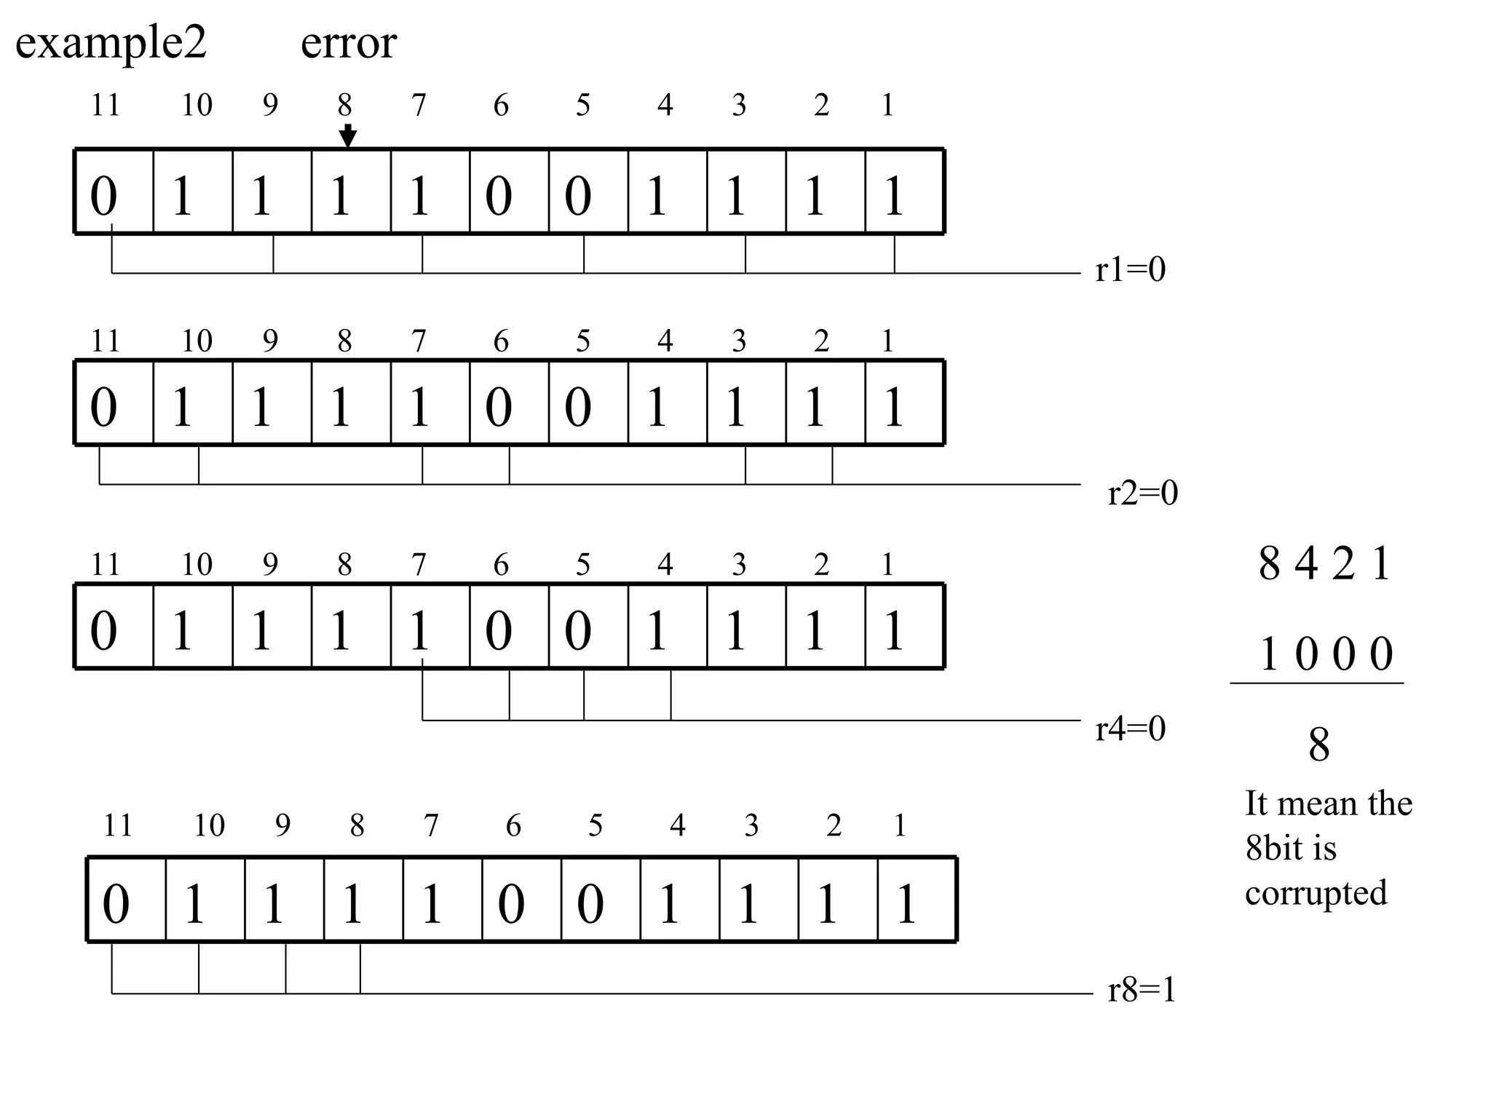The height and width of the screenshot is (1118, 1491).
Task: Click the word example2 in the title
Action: (x=111, y=44)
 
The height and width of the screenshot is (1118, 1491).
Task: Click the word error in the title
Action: (x=348, y=44)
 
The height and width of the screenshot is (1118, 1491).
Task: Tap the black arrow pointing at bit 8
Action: (x=348, y=135)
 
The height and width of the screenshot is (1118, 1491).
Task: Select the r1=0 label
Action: (x=1130, y=270)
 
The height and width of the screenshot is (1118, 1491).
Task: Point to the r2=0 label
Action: (x=1142, y=493)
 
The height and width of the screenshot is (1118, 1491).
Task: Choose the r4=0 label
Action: (x=1130, y=729)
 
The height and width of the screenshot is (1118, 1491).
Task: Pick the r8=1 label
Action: (x=1142, y=991)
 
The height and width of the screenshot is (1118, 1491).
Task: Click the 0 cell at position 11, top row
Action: (x=114, y=192)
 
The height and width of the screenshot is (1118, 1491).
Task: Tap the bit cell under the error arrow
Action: (x=351, y=192)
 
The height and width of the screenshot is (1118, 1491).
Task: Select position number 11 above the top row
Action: (x=105, y=106)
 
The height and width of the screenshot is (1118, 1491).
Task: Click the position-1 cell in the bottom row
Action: (x=917, y=900)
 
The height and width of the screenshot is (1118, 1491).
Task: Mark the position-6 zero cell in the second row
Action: (x=509, y=403)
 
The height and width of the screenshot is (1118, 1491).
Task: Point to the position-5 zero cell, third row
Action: (x=588, y=626)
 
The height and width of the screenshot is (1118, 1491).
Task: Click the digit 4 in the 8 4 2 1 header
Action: (x=1305, y=564)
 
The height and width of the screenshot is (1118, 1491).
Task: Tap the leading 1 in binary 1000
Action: (x=1269, y=654)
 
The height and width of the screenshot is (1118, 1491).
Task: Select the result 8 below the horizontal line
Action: (x=1318, y=745)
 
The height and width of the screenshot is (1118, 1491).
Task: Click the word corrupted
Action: (x=1316, y=893)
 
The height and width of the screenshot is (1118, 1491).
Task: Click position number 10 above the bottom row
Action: (x=209, y=825)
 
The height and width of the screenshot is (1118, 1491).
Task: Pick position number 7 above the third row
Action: (x=419, y=565)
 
